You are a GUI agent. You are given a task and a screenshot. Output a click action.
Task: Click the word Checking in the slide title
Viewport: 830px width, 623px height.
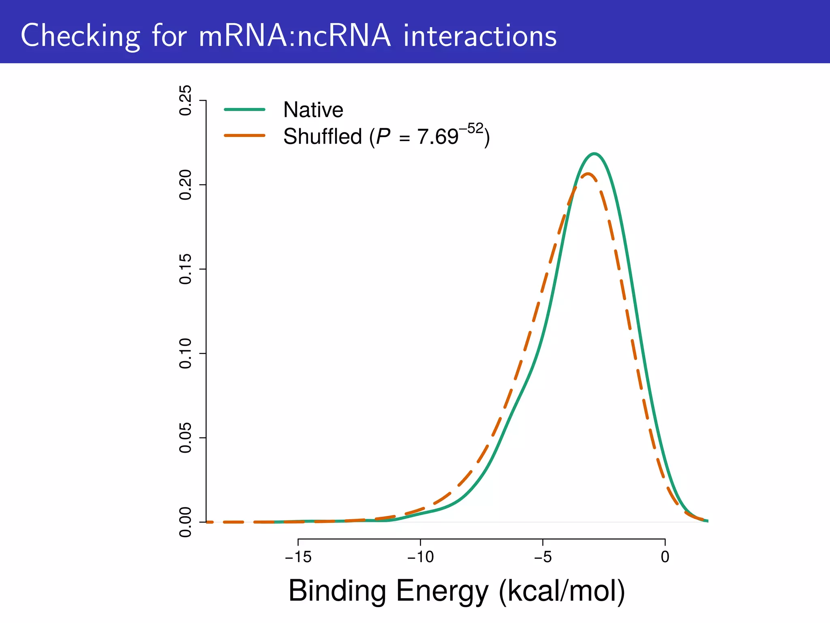coord(80,37)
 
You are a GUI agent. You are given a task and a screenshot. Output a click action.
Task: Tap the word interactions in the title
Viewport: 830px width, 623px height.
coord(480,37)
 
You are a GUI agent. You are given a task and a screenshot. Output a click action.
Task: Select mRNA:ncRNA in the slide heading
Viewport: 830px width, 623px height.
coord(295,37)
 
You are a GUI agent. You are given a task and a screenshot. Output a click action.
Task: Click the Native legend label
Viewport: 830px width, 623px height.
coord(313,110)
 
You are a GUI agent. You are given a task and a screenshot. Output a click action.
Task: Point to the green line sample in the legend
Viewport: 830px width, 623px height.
coord(244,109)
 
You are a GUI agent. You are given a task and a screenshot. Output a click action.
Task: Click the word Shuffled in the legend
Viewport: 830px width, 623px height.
coord(323,137)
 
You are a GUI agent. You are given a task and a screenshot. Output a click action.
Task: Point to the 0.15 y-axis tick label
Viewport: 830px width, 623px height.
coord(186,269)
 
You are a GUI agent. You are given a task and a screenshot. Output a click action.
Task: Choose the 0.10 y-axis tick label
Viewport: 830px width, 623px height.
coord(186,354)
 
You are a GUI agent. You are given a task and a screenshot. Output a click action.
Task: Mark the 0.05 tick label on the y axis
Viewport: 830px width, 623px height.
coord(186,438)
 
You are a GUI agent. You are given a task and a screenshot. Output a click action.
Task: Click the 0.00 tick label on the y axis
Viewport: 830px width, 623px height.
coord(186,522)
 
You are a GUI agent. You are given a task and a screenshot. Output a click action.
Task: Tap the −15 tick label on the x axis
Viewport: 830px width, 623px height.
coord(298,557)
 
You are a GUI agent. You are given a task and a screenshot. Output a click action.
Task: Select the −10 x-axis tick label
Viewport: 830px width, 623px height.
coord(420,557)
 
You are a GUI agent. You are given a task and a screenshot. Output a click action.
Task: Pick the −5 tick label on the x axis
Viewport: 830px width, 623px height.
coord(543,557)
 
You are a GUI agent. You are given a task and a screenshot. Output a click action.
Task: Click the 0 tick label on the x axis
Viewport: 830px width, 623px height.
coord(665,557)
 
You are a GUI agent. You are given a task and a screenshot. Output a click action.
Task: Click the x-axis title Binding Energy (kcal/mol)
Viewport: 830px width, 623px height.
coord(457,591)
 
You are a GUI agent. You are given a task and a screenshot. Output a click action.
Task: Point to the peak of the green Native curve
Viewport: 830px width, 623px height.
coord(594,154)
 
